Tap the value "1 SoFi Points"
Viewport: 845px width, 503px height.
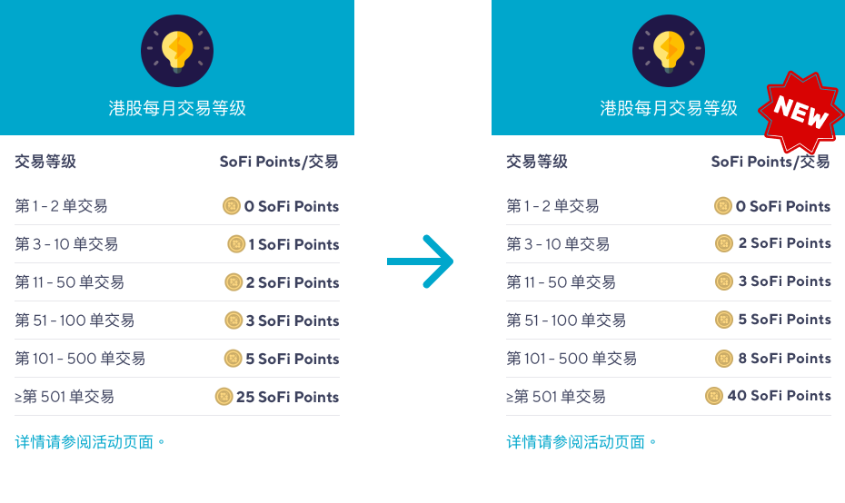(293, 244)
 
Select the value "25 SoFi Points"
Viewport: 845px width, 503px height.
(287, 397)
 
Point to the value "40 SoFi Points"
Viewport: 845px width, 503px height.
(779, 396)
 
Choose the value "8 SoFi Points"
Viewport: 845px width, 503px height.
(784, 359)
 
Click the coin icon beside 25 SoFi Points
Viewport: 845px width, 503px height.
(224, 397)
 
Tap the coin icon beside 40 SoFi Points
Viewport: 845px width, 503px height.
(714, 396)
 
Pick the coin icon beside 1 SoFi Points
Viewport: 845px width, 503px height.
(236, 244)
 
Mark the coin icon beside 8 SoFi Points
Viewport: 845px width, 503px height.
(724, 359)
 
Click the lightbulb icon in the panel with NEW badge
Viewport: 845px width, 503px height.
(668, 51)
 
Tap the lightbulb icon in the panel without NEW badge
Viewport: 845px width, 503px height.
(176, 51)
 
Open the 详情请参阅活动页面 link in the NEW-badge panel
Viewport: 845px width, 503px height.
(582, 442)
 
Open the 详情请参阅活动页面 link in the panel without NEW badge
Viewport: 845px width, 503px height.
(90, 442)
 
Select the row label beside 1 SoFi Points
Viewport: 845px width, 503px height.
(66, 244)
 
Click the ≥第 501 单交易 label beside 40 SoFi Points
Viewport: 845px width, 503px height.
(556, 397)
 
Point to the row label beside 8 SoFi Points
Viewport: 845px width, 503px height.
(572, 359)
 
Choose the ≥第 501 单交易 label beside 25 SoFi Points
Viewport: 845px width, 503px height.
(65, 397)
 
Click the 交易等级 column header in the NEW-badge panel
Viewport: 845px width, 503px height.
(537, 162)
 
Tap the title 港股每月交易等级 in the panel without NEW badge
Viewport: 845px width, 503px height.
(177, 109)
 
